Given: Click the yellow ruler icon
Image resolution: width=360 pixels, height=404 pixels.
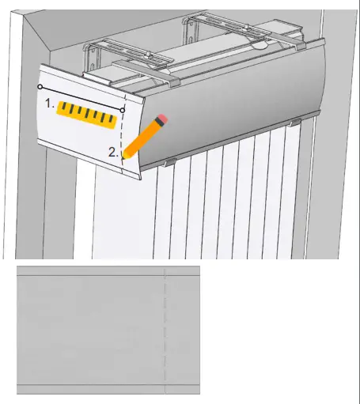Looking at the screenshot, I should point(87,115).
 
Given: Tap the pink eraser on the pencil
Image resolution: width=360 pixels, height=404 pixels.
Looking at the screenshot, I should point(161,119).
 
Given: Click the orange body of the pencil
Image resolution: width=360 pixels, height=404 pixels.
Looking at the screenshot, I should point(143,136).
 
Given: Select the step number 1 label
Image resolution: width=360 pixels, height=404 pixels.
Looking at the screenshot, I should point(49,103).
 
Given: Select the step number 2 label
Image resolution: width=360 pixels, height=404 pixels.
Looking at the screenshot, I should point(113,151).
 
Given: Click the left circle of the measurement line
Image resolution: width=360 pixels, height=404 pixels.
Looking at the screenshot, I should point(40,86).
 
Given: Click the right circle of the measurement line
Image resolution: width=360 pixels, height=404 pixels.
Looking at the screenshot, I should point(122,109).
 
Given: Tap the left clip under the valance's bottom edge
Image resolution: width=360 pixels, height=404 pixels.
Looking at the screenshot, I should point(168,162).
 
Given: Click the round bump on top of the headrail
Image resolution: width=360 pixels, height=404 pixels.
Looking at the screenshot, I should point(260,46).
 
